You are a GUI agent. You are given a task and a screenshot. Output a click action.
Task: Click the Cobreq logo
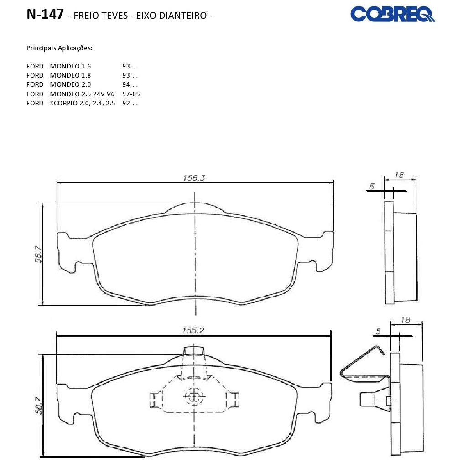coord(392,14)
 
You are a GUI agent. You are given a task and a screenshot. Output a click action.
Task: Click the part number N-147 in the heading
coord(45,14)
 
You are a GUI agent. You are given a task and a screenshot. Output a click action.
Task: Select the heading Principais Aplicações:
coord(59,48)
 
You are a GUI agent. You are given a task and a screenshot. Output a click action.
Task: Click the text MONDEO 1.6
coord(70,66)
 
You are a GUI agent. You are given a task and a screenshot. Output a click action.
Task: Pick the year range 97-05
coord(131,94)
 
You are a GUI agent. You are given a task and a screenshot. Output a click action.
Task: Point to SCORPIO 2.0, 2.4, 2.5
coord(83,103)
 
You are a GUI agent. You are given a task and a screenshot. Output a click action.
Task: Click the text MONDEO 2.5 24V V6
coord(82,94)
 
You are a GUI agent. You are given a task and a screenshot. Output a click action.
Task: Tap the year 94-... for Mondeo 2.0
coord(130,84)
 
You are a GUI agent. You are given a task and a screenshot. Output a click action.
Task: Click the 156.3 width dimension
coord(194,178)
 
